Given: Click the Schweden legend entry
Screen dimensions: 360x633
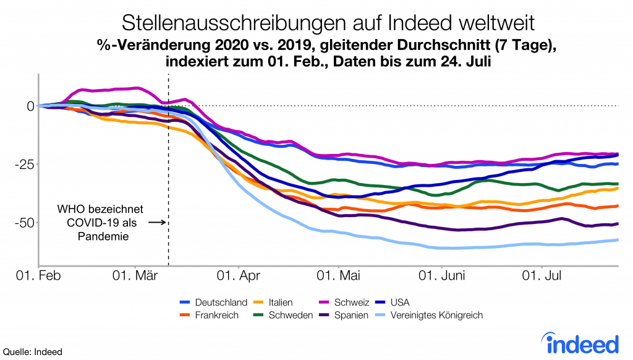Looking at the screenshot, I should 285,315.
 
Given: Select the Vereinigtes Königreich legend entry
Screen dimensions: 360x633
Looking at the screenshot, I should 436,315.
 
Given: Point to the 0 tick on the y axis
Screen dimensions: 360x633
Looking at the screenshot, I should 28,106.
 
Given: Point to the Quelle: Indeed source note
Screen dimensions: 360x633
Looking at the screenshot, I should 32,351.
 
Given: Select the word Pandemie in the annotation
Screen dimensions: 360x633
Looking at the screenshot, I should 106,236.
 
